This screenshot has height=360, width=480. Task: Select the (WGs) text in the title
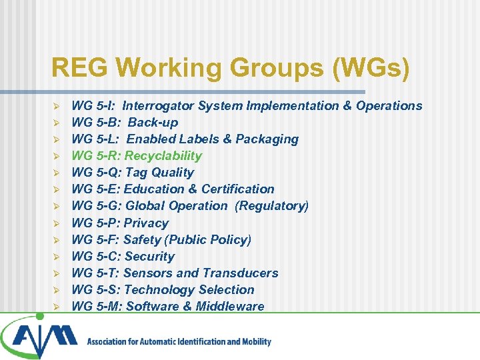pos(375,67)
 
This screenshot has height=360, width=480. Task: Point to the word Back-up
pos(153,123)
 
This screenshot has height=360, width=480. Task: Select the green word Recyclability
pos(163,155)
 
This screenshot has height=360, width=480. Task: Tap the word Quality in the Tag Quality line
pos(172,173)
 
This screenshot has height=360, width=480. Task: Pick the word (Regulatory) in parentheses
pos(272,206)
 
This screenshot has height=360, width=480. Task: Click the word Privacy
pos(147,223)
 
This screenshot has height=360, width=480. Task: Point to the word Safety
pos(145,239)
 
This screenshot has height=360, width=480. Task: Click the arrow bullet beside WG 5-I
pos(57,106)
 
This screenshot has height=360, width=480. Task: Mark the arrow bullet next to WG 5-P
pos(57,223)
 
